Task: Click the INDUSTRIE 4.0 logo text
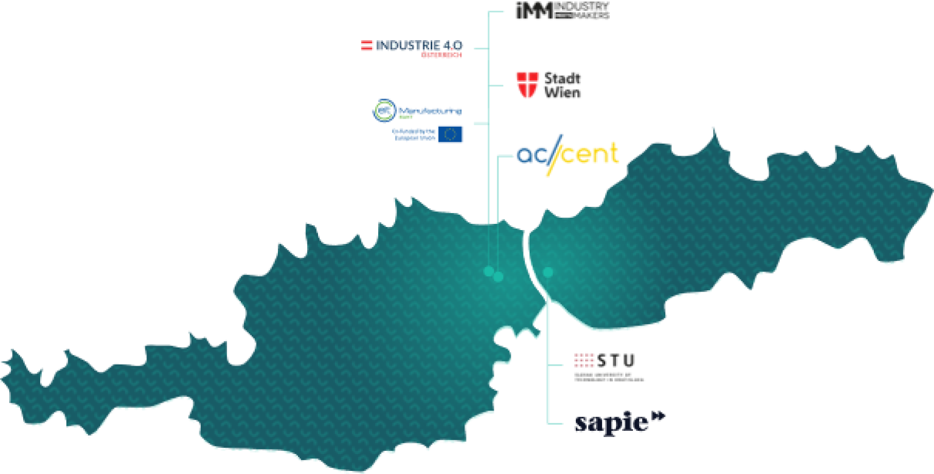420,45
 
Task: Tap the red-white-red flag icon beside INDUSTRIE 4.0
367,45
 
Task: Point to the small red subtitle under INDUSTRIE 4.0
442,55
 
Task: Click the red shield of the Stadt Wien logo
527,85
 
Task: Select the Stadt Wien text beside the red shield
562,85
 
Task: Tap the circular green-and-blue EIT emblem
383,111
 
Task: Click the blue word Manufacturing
429,111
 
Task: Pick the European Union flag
450,134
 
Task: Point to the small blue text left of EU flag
413,134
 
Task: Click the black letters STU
616,360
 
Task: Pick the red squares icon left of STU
584,360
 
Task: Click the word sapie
611,423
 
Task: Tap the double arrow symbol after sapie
659,416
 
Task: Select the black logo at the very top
562,11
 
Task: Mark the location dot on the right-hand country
548,272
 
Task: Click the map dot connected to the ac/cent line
498,277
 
